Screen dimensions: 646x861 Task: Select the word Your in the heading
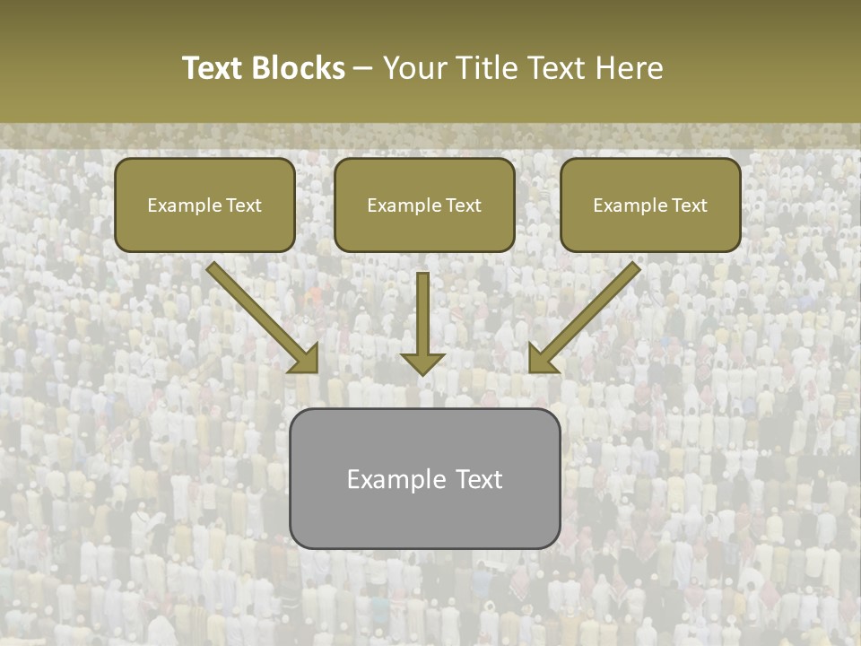pyautogui.click(x=416, y=68)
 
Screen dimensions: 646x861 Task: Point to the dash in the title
pyautogui.click(x=363, y=69)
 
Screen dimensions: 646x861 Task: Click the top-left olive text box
pyautogui.click(x=204, y=205)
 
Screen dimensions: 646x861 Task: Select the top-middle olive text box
pyautogui.click(x=424, y=205)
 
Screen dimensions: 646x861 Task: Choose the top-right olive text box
pyautogui.click(x=650, y=205)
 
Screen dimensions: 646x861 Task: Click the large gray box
pyautogui.click(x=424, y=478)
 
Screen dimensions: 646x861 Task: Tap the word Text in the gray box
pyautogui.click(x=478, y=479)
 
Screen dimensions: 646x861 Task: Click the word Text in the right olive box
pyautogui.click(x=690, y=205)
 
